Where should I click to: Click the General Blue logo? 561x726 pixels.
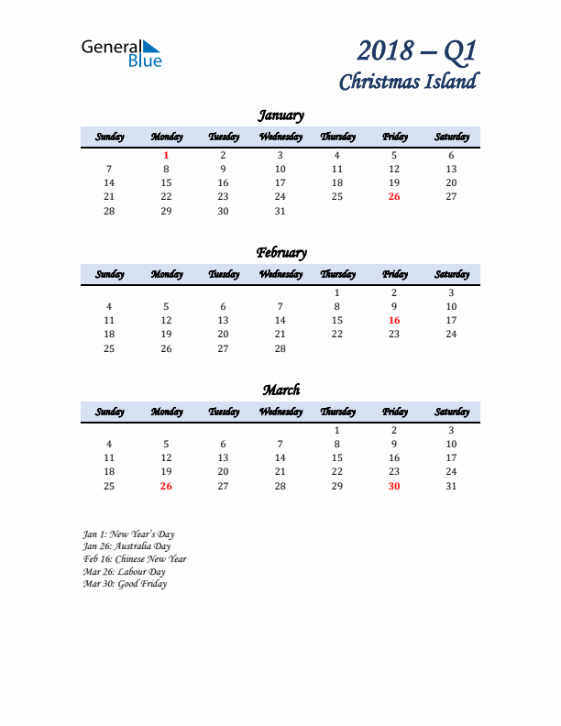121,53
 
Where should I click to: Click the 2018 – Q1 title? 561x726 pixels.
416,50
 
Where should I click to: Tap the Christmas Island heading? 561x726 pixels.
408,82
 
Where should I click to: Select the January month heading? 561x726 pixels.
280,115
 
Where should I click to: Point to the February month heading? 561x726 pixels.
280,253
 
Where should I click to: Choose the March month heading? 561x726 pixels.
280,390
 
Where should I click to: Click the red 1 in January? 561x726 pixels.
166,156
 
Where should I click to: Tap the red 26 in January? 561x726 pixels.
394,196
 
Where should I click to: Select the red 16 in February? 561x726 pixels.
394,320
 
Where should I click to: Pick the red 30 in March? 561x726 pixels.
394,486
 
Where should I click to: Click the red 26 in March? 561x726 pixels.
166,486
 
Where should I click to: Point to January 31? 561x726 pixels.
280,211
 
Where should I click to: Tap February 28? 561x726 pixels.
280,348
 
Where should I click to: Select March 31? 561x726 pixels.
451,486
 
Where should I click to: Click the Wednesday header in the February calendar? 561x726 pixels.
280,274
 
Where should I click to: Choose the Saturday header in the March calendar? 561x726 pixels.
451,412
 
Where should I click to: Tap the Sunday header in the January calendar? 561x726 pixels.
109,137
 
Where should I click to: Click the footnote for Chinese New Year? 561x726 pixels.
135,559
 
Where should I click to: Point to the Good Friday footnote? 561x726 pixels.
125,584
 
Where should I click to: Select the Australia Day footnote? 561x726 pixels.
126,546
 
